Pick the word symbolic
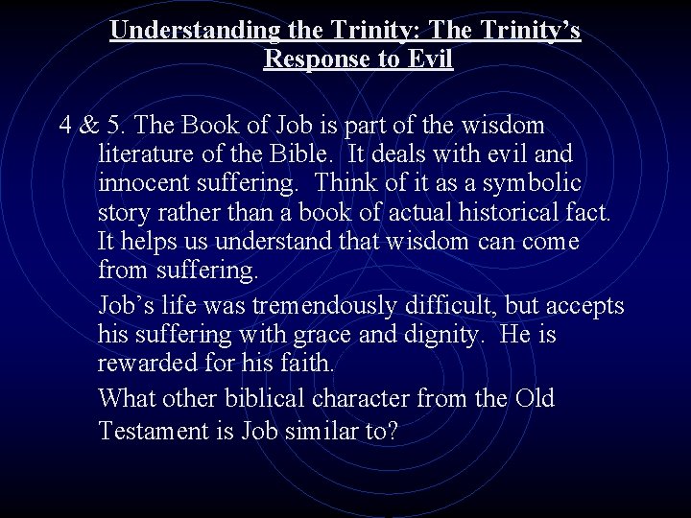click(535, 183)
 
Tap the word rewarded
click(150, 365)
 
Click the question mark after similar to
click(392, 431)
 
